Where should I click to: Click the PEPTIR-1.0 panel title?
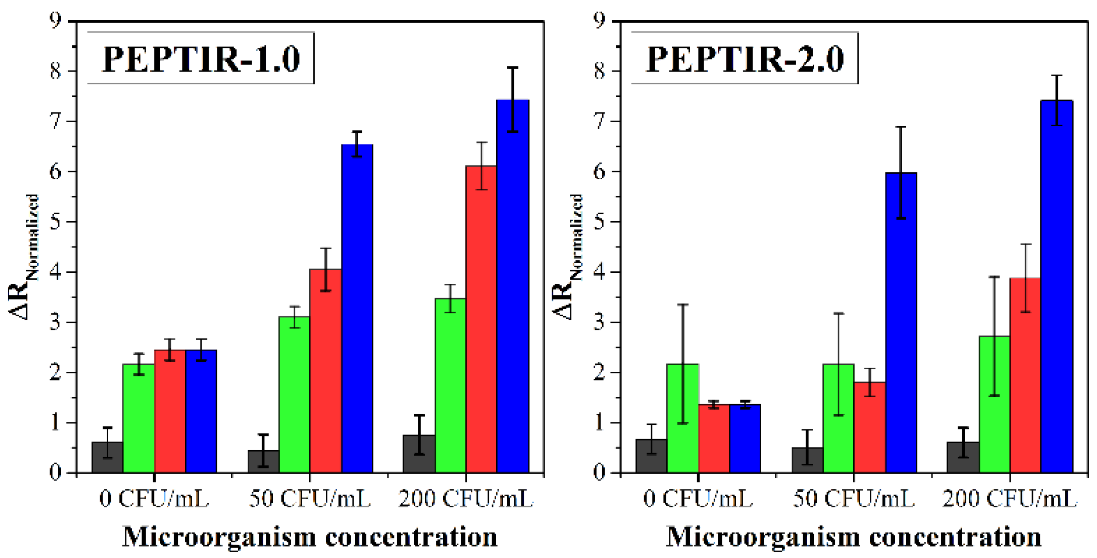click(201, 59)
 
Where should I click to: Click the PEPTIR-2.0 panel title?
click(745, 59)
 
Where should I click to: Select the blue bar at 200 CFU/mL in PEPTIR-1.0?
click(512, 286)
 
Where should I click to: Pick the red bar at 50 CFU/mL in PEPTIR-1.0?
click(325, 371)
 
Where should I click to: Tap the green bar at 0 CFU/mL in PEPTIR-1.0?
click(139, 418)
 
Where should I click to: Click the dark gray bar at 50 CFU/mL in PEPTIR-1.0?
click(263, 461)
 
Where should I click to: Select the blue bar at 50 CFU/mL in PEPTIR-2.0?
click(901, 323)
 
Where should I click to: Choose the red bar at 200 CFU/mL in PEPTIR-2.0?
click(1025, 376)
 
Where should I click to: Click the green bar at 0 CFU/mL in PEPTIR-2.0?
click(682, 418)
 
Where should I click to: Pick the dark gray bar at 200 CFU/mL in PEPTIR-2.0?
click(962, 458)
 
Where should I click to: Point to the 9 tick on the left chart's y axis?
click(55, 21)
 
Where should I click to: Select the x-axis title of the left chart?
click(310, 537)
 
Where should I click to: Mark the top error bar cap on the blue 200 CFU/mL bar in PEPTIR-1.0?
click(513, 68)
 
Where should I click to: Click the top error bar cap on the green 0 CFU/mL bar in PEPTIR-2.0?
click(683, 305)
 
